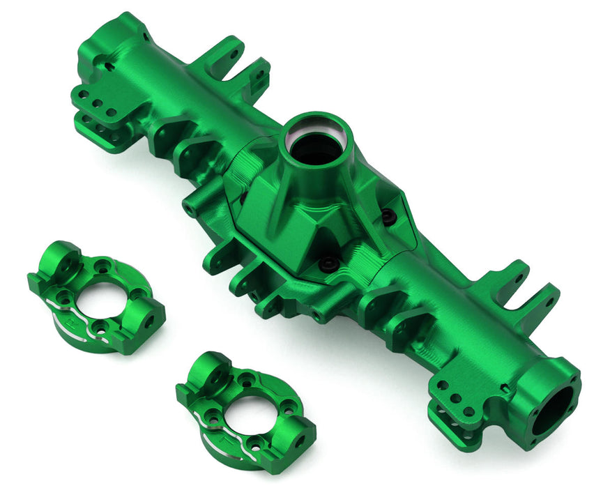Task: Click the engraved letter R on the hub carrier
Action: [69, 305]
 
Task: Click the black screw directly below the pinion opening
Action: [328, 264]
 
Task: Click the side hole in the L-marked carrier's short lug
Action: [300, 441]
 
